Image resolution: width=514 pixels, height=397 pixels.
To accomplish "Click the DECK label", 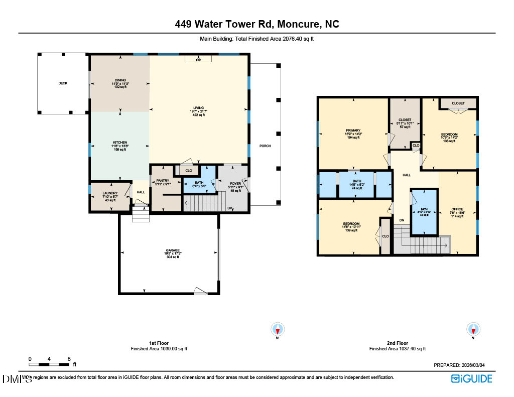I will coord(62,83).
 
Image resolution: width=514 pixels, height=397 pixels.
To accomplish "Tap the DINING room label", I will coord(119,80).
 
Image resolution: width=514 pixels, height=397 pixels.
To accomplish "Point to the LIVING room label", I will coord(198,107).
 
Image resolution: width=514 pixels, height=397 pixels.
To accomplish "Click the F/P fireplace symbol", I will coord(198,60).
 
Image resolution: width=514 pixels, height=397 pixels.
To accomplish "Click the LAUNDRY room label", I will coord(109,193).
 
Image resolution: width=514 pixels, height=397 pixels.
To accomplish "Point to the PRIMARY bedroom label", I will coord(353,130).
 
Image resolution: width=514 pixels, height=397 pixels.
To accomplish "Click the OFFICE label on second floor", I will coord(457,209).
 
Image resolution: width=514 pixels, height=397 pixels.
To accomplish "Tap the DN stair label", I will coord(402,220).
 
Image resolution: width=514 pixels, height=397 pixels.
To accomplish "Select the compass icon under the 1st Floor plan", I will coord(278,330).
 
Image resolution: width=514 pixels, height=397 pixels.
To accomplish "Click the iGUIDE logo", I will coord(471,379).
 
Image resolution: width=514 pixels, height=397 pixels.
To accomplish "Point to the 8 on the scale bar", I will coord(69,359).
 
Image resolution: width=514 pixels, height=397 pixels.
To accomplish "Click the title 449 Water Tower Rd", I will coord(256,24).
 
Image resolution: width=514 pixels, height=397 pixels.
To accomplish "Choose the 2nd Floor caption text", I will coord(397,343).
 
